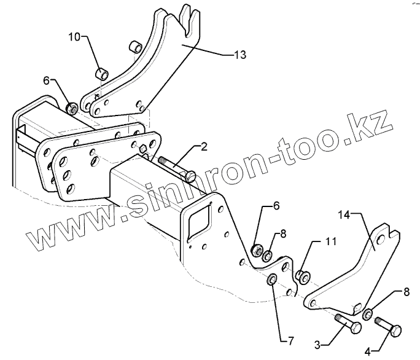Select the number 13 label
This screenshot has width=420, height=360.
point(239,55)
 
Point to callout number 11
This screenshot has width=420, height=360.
point(330,242)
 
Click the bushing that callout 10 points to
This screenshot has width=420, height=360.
point(102,74)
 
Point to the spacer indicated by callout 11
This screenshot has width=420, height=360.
point(302,276)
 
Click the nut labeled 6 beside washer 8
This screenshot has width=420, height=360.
point(257,249)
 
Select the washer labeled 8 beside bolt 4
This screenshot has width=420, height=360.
point(367,314)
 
